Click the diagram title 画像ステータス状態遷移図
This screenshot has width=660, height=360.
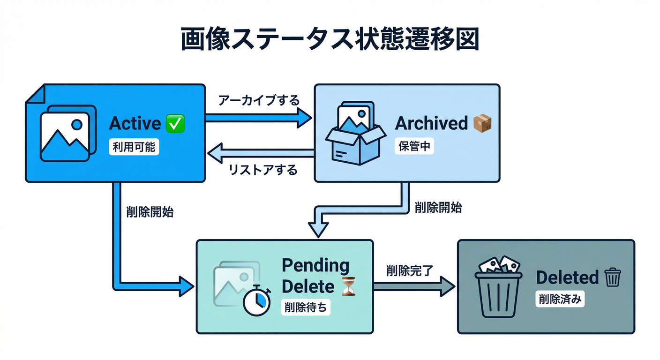pyautogui.click(x=330, y=40)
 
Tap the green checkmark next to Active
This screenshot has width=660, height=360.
pyautogui.click(x=176, y=124)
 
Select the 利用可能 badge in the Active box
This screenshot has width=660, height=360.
pyautogui.click(x=134, y=148)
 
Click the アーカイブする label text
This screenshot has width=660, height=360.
pyautogui.click(x=259, y=100)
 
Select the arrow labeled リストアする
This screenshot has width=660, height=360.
pyautogui.click(x=261, y=153)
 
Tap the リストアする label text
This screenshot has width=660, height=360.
pyautogui.click(x=263, y=170)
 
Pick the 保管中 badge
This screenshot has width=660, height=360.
pyautogui.click(x=414, y=146)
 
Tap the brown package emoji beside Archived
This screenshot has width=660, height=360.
pyautogui.click(x=482, y=123)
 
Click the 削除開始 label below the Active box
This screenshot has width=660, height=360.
pyautogui.click(x=150, y=212)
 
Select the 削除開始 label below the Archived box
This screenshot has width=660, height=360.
pyautogui.click(x=438, y=208)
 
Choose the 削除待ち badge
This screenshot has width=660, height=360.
pyautogui.click(x=306, y=307)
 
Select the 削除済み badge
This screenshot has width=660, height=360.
pyautogui.click(x=560, y=300)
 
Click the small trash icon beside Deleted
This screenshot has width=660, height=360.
pyautogui.click(x=612, y=277)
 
